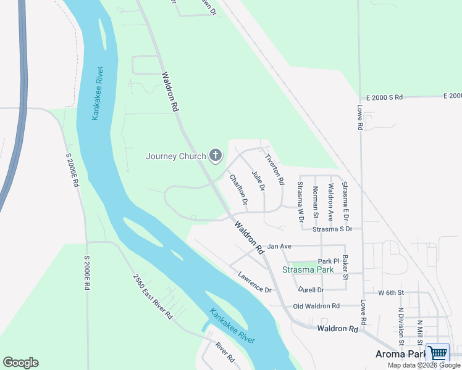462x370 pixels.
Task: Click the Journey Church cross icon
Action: coord(216,155)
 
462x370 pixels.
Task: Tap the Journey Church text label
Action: coord(175,156)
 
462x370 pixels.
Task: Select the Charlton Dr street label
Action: coord(238,190)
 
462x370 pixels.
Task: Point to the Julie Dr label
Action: coord(258,179)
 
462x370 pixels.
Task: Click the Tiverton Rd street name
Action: coord(274,169)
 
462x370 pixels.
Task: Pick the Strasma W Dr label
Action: coord(301,202)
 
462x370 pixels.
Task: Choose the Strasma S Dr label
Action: coord(332,229)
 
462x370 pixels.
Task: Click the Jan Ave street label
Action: coord(279,246)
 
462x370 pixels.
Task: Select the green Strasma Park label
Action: coord(308,269)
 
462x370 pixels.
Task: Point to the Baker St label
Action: coord(346,267)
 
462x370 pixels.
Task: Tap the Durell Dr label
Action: coord(311,289)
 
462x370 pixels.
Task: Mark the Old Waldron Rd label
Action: coord(316,306)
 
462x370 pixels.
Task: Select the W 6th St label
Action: coord(391,292)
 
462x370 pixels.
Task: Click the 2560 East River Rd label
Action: coord(152,296)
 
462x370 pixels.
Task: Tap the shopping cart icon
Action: coord(437,353)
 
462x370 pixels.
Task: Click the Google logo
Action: coord(20,363)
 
